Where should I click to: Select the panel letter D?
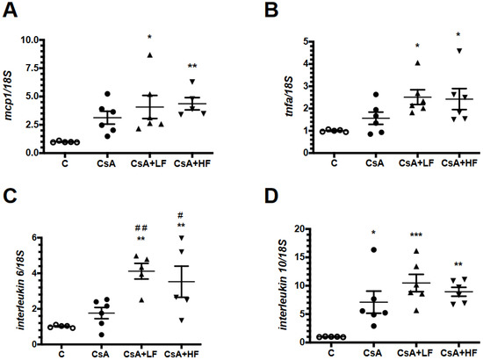[x=271, y=196]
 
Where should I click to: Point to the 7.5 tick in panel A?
[x=30, y=68]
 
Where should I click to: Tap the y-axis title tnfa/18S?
[x=289, y=97]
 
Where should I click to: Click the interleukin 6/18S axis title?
[x=21, y=290]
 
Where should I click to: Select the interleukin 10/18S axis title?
[x=283, y=284]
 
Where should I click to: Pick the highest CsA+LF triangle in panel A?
[x=149, y=54]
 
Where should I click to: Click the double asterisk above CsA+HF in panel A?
[x=192, y=66]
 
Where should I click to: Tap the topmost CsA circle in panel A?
[x=107, y=94]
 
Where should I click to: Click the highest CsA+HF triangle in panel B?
[x=459, y=51]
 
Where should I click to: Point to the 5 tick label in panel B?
[x=306, y=41]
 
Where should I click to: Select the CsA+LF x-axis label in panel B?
[x=416, y=162]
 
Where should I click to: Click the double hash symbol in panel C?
[x=141, y=228]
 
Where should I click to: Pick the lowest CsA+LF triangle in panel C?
[x=141, y=300]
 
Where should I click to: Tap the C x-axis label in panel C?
[x=61, y=354]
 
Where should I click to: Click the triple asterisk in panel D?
[x=416, y=235]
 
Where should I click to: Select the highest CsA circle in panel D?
[x=373, y=249]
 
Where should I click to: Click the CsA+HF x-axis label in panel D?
[x=458, y=352]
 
